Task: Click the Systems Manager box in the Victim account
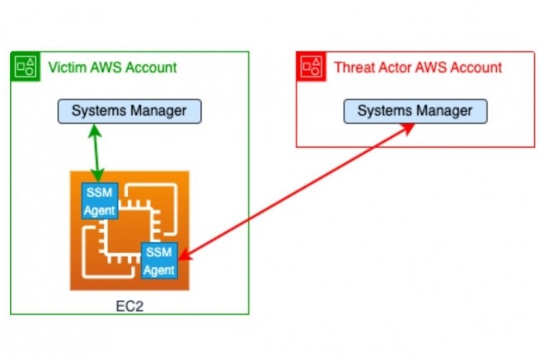(129, 111)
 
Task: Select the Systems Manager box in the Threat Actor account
(415, 111)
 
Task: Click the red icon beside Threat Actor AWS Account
(312, 67)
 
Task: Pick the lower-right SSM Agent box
(159, 261)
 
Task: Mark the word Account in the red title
(474, 67)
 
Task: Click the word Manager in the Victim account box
(158, 111)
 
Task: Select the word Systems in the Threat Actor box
(384, 111)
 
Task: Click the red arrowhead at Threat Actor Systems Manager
(410, 127)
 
